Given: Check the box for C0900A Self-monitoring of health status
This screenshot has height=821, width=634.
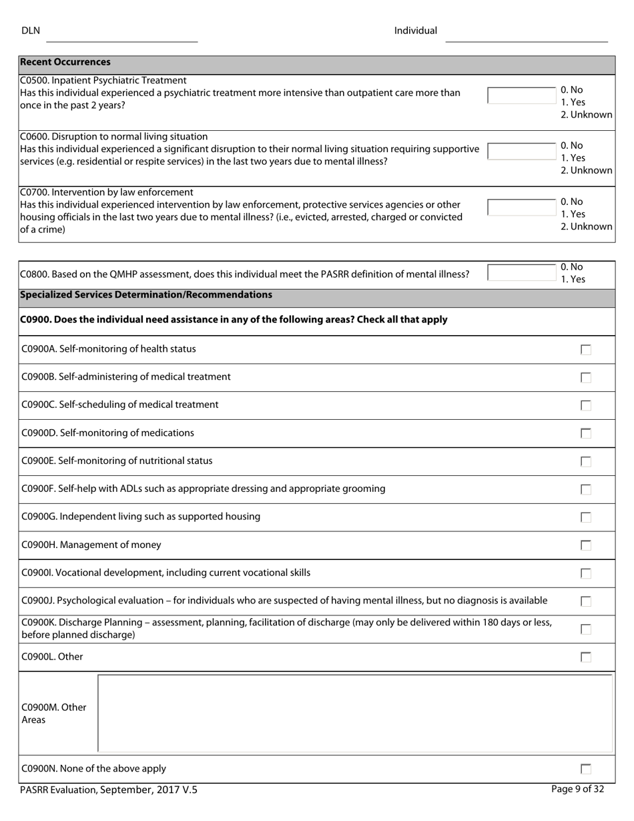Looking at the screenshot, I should (x=586, y=350).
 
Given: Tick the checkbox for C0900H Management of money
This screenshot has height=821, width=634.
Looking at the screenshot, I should (x=586, y=545).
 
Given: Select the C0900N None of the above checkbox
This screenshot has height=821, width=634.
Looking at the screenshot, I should (x=586, y=769).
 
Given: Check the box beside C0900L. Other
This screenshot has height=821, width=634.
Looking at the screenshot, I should (x=586, y=657).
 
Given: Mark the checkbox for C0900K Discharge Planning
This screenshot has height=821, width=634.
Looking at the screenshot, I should (x=586, y=629).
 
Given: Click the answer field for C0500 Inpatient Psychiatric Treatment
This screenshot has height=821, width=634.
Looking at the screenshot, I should (x=521, y=95).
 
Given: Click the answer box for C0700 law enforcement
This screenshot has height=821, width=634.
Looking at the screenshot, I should (x=521, y=208).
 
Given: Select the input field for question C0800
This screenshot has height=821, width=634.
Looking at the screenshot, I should (x=521, y=273).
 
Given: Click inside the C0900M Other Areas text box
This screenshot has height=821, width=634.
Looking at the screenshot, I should (x=355, y=714).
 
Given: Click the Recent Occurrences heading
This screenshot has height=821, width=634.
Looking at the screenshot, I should (x=65, y=62).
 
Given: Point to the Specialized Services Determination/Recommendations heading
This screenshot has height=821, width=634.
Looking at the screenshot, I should (x=146, y=295).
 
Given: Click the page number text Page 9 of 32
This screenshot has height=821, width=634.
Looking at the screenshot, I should (x=577, y=789).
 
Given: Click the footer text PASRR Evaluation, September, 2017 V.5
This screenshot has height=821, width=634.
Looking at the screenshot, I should (x=109, y=790).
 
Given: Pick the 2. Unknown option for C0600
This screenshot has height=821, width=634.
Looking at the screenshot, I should (x=586, y=170).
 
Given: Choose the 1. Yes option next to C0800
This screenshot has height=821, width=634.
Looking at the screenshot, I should (x=573, y=279).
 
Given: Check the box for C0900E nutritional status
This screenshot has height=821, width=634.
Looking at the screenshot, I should (x=586, y=461).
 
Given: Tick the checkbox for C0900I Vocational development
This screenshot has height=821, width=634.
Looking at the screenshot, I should (x=586, y=573).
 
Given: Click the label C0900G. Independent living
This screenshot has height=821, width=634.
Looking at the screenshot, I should (x=141, y=517).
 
